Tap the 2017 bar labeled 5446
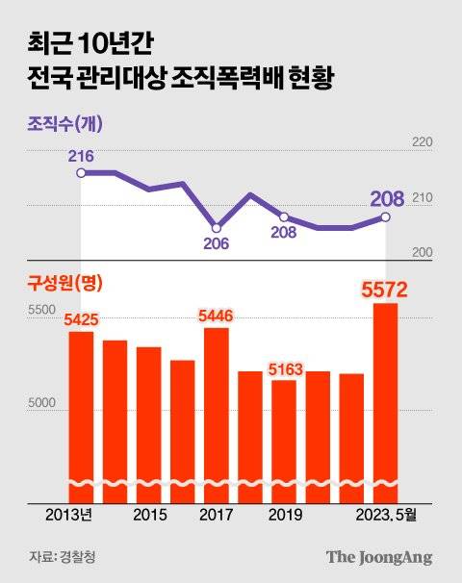[x=217, y=414]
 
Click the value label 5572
[x=385, y=289]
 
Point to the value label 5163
[x=287, y=368]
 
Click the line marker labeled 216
[x=81, y=173]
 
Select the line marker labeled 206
[x=217, y=228]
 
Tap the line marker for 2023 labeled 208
[x=386, y=217]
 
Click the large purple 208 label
[x=386, y=198]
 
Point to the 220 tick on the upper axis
[x=423, y=142]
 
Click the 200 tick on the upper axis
[x=423, y=252]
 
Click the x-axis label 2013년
[x=68, y=516]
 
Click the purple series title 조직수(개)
[x=64, y=124]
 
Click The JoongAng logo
[x=378, y=556]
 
